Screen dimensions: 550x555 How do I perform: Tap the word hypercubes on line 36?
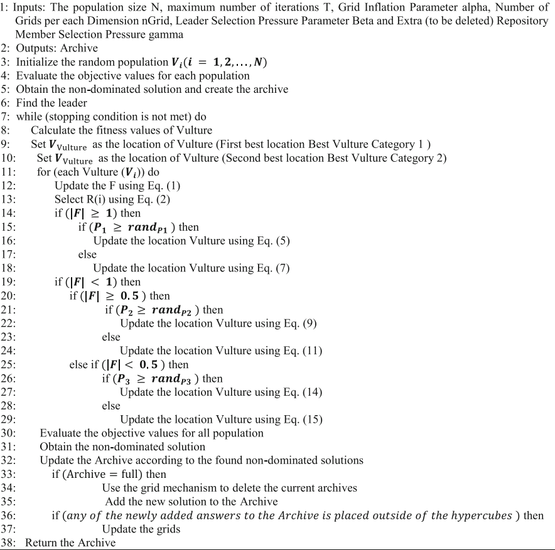pyautogui.click(x=482, y=516)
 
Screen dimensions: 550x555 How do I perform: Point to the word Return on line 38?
pyautogui.click(x=41, y=542)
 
